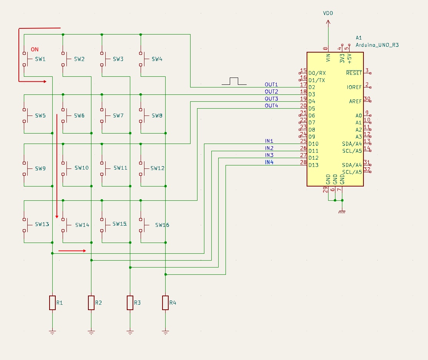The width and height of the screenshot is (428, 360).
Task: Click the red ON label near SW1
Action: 35,50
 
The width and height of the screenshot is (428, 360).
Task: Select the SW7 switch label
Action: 118,116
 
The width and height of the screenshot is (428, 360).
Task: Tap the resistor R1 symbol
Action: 52,302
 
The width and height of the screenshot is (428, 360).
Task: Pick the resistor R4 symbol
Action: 165,302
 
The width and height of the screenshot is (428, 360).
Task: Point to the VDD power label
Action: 328,13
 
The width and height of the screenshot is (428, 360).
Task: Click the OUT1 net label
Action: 271,84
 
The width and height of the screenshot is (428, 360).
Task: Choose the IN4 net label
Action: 269,162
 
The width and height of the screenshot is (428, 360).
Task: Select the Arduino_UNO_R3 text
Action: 377,45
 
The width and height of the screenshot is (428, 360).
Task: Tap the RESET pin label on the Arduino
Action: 354,73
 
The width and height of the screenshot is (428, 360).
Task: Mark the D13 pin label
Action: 314,165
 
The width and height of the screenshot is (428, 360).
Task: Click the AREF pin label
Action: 355,101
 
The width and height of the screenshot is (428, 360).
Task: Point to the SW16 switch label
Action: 162,225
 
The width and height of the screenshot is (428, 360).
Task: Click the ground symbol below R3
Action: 130,332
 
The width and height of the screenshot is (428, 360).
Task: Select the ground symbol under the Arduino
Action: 342,212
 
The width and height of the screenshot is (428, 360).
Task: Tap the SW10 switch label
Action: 81,168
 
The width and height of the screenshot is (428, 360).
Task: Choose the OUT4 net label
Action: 271,106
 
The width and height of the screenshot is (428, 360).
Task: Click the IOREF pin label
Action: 354,87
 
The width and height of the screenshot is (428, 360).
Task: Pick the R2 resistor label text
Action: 98,303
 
